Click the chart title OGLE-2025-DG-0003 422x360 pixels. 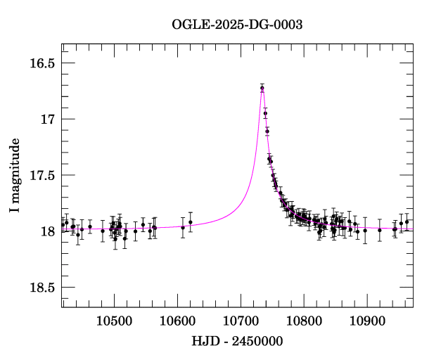237,25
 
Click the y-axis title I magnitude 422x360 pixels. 15,176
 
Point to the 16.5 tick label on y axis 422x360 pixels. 42,63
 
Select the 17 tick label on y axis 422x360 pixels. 48,120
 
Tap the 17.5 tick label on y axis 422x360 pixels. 42,176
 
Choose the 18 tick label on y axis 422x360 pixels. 48,232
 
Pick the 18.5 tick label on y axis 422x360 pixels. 42,288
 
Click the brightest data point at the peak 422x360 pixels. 262,88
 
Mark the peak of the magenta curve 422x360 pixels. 262,86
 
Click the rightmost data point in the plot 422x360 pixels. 407,221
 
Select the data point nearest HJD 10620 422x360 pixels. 190,222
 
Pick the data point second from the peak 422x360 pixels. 265,113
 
